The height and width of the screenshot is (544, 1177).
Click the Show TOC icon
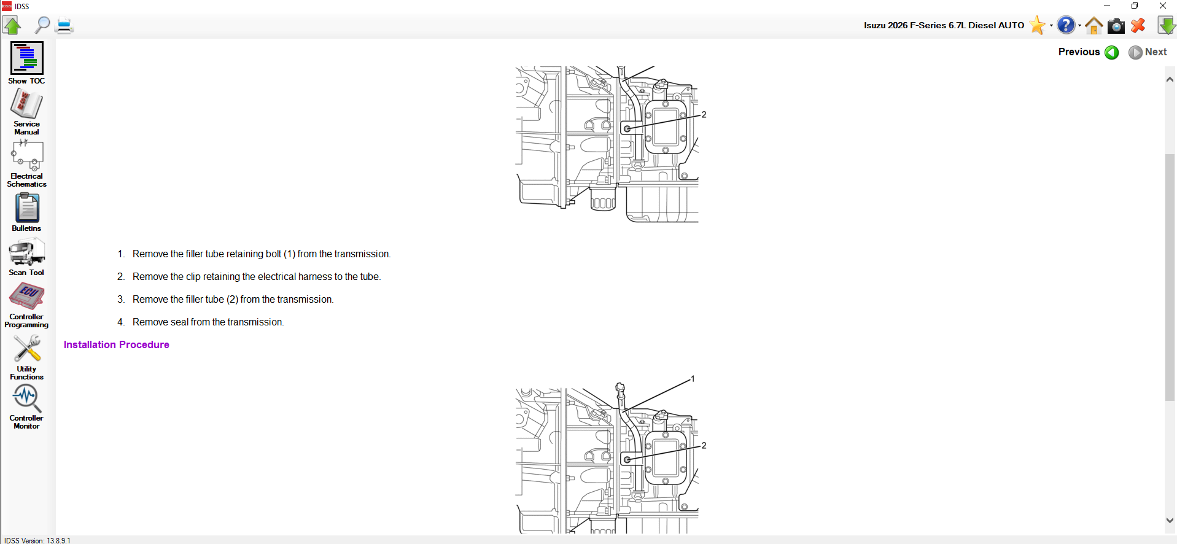click(26, 58)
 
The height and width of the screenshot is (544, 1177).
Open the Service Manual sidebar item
click(26, 104)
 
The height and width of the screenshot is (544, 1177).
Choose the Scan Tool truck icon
click(26, 252)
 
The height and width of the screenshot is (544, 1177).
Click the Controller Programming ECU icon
click(26, 297)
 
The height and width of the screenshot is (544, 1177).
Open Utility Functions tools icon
click(26, 349)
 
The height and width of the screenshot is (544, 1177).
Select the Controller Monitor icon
click(26, 398)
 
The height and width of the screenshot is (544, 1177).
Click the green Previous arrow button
click(1111, 52)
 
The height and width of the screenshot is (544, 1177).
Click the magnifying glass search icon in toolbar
click(42, 25)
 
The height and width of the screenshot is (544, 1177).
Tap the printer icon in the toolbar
click(64, 25)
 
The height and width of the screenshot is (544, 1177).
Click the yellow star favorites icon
click(1036, 25)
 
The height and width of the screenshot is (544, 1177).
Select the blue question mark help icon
click(1066, 25)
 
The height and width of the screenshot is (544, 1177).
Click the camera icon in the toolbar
click(1116, 25)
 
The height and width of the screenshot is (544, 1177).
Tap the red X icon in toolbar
click(1138, 25)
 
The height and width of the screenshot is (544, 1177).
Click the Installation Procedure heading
click(116, 344)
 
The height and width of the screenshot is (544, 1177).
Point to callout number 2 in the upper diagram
click(704, 115)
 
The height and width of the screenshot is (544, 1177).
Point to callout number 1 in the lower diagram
click(693, 379)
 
